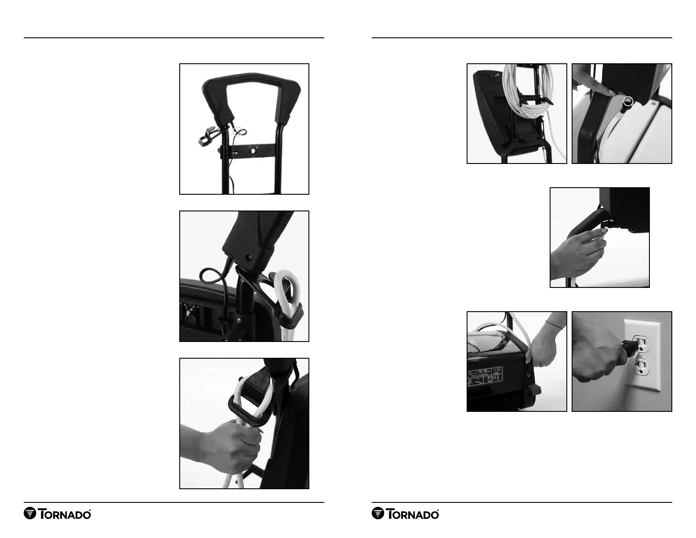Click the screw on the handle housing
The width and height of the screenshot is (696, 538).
coord(249,257)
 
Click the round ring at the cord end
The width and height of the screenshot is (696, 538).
coord(628,102)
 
